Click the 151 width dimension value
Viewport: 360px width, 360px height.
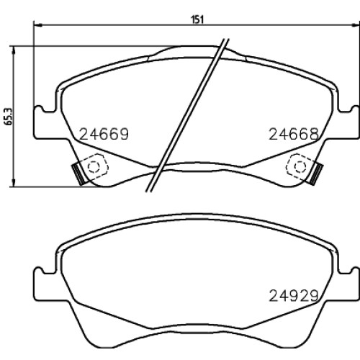[x=197, y=19]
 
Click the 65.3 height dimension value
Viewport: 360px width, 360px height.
[x=9, y=117]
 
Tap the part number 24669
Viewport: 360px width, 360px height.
[x=104, y=134]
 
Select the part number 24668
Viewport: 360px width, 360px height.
[x=294, y=134]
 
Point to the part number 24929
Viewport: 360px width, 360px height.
[x=294, y=295]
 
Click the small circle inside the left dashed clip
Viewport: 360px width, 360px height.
[x=93, y=166]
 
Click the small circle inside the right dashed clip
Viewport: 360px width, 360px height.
[x=300, y=166]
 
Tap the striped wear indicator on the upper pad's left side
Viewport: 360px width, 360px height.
[x=78, y=174]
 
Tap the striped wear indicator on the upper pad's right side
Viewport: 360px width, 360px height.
[x=316, y=174]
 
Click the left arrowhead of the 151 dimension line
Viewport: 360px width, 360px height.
[x=38, y=24]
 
